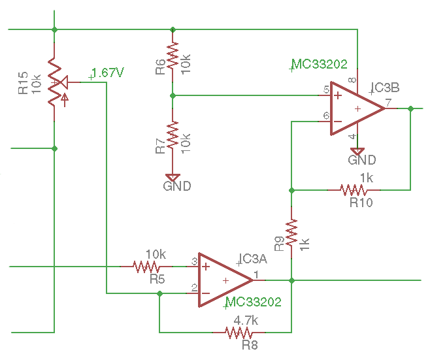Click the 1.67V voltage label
[x=108, y=73]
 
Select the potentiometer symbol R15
[x=54, y=82]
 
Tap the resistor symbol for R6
[x=173, y=56]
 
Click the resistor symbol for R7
[x=173, y=135]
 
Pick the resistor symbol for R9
[x=291, y=231]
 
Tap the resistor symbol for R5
[x=148, y=267]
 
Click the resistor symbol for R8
[x=239, y=333]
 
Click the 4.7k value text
[x=246, y=321]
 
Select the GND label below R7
[x=177, y=186]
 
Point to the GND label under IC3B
[x=361, y=160]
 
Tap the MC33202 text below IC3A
[x=253, y=303]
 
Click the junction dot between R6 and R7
[x=173, y=95]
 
